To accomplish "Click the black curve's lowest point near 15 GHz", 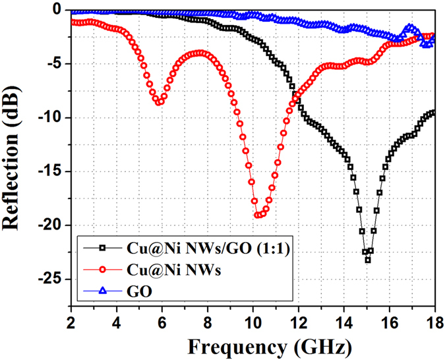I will tap(367, 260).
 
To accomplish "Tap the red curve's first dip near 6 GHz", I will tap(159, 102).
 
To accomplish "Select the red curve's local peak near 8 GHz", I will tap(201, 53).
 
